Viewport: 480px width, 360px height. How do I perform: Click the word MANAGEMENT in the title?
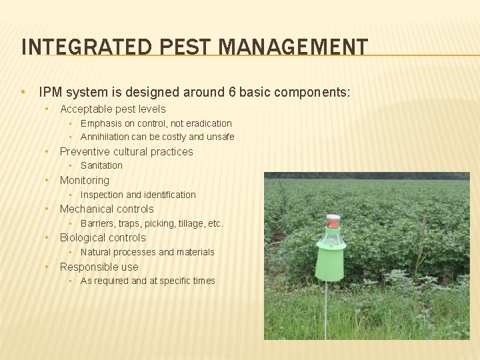coord(293,47)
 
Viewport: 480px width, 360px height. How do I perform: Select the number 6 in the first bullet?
coord(232,92)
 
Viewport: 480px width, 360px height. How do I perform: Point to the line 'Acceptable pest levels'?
coord(113,109)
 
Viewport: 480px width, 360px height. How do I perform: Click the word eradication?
coord(207,123)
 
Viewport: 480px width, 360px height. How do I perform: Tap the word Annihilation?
coord(105,137)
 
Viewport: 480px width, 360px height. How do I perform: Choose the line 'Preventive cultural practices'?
coord(126,151)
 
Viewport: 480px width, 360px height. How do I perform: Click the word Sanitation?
coord(101,165)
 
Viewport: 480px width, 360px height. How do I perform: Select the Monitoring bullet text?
coord(84,180)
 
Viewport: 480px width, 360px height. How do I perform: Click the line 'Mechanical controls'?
coord(107,209)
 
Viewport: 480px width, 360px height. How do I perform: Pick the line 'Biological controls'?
coord(103,237)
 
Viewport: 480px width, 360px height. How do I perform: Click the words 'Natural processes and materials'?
coord(147,252)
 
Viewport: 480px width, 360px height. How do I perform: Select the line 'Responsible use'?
coord(99,267)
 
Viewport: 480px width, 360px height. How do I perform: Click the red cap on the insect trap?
coord(333,220)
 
